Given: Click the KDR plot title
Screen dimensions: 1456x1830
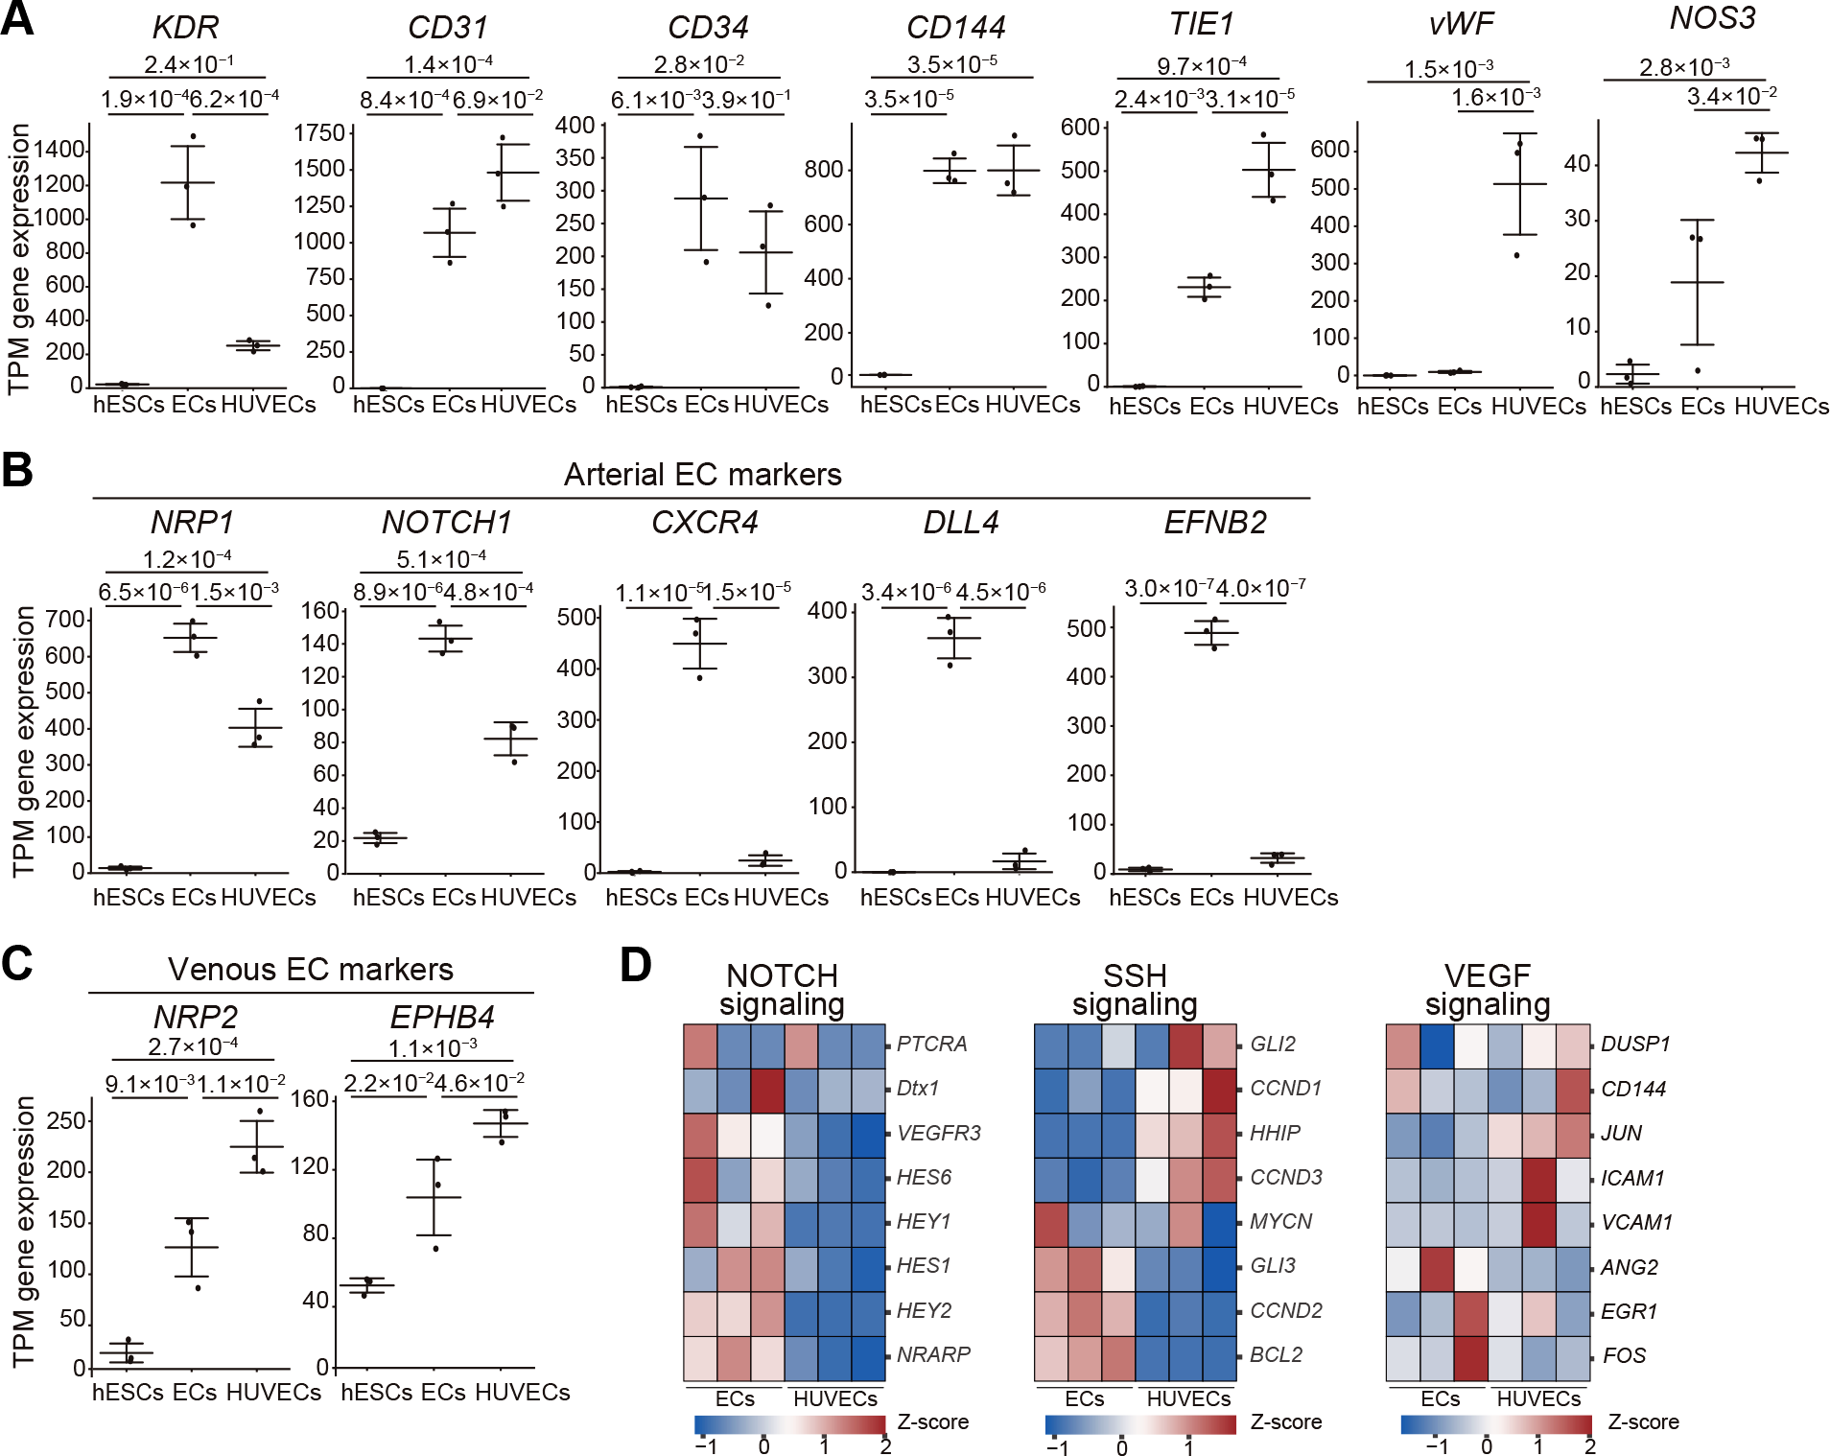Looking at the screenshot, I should tap(185, 28).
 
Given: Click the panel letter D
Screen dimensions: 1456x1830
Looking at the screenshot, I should tap(636, 965).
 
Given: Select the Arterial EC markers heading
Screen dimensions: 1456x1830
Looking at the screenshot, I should tap(702, 474).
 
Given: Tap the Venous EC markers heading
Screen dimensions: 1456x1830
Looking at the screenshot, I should tap(310, 969).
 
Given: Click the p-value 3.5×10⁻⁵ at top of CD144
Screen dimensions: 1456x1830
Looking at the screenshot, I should tap(951, 64).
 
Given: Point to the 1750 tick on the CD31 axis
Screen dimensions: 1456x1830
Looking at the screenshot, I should tap(319, 132).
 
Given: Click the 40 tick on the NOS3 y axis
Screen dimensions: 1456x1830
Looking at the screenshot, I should tap(1578, 164).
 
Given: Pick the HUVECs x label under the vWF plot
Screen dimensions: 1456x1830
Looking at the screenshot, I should tap(1538, 407).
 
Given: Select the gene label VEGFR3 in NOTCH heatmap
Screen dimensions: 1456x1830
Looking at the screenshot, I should tap(938, 1133).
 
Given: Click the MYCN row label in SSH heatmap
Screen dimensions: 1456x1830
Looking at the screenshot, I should tap(1280, 1221).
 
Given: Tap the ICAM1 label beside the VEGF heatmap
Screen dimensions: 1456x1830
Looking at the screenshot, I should tap(1632, 1178).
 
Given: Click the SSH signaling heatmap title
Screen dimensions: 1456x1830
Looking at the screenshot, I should tap(1135, 990).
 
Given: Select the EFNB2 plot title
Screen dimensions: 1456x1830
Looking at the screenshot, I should tap(1214, 522).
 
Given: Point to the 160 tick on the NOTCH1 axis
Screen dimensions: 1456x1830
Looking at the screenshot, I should tap(320, 611).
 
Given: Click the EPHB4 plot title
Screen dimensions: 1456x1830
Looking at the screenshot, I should tap(442, 1017).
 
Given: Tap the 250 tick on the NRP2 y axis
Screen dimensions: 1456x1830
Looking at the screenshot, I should tap(66, 1121).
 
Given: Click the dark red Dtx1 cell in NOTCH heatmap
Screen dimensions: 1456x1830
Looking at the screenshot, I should tap(767, 1088).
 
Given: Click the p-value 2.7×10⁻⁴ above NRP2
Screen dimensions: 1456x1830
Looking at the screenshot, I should tap(193, 1046).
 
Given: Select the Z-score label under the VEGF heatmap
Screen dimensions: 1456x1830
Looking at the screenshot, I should tap(1643, 1421).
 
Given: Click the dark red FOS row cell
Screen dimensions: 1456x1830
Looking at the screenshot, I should tap(1469, 1355).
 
